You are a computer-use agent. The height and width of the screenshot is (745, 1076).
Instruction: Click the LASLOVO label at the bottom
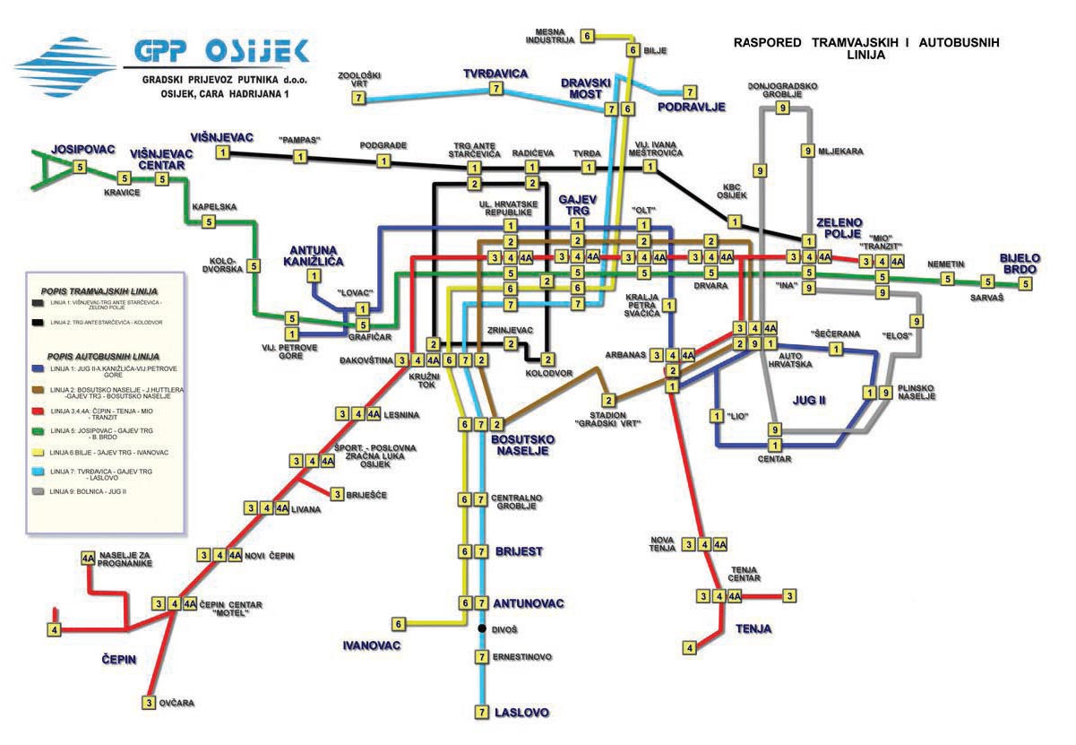tap(521, 713)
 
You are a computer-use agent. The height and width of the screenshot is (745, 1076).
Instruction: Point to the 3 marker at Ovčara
tap(149, 704)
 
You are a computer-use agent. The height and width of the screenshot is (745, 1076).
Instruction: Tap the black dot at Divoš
tap(482, 630)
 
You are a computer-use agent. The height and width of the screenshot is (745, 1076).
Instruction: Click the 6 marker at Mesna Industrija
tap(588, 36)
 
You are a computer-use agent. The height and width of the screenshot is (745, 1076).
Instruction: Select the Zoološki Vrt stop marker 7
tap(357, 98)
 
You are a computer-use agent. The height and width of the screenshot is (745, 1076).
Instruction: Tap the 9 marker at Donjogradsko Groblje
tap(782, 108)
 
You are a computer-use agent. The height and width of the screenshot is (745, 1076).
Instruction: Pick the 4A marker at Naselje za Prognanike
tap(88, 558)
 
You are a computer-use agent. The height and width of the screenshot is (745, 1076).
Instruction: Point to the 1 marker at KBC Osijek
tap(735, 221)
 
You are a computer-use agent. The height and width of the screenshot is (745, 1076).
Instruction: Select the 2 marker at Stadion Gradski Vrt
tap(607, 400)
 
